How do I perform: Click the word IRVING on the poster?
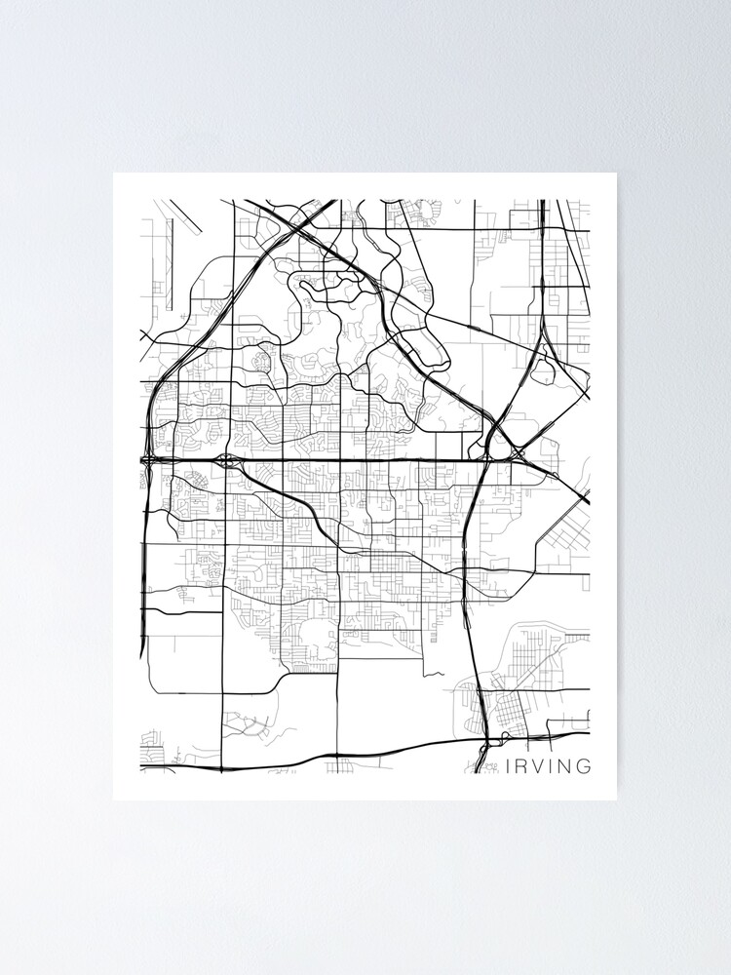549,766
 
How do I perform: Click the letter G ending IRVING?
584,766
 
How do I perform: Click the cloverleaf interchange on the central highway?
227,459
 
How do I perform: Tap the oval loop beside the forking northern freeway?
543,370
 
